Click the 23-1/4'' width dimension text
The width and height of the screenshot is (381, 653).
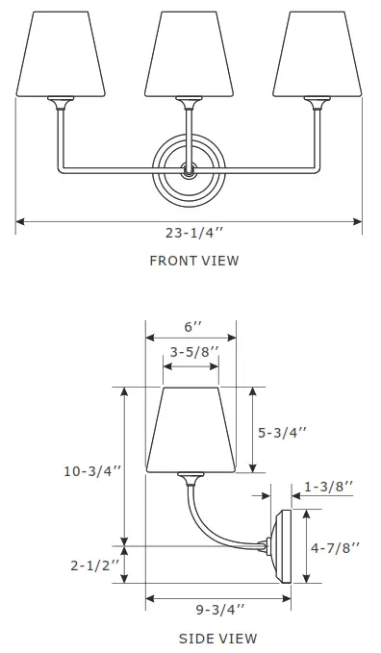193,232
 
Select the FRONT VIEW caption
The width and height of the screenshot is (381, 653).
193,261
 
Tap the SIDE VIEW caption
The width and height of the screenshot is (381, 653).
217,638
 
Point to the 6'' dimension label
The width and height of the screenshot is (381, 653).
193,328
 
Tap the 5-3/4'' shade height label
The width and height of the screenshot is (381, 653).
282,433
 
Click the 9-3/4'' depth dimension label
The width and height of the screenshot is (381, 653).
218,609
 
